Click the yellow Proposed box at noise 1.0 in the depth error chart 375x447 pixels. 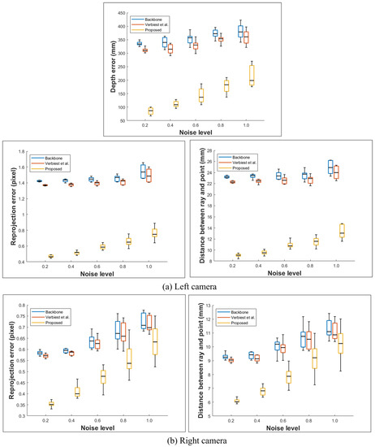pyautogui.click(x=252, y=74)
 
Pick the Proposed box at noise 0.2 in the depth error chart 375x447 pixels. pyautogui.click(x=150, y=111)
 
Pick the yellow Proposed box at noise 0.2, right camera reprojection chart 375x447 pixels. pyautogui.click(x=53, y=403)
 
